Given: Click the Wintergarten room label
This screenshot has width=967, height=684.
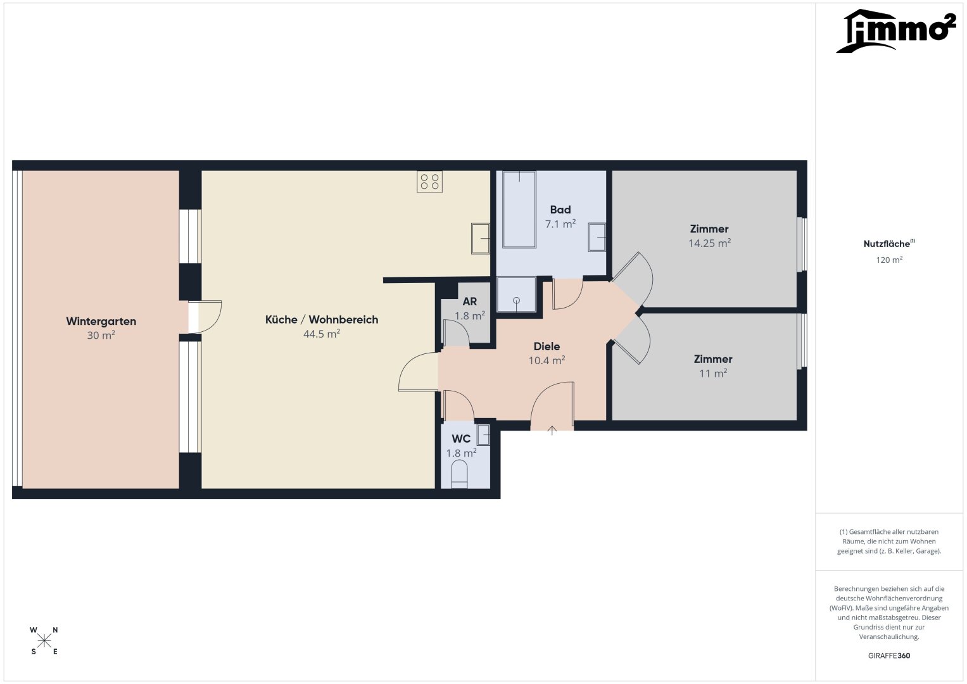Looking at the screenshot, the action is [x=101, y=321].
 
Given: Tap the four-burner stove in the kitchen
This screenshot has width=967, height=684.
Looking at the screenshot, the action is [x=429, y=182].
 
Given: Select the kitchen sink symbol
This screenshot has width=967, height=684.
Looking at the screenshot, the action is [x=481, y=238].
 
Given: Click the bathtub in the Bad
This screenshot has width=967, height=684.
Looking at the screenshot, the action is [x=519, y=210].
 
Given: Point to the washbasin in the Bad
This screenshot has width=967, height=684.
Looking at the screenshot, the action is [x=597, y=237].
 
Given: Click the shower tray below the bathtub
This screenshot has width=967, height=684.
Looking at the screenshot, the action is [x=516, y=294].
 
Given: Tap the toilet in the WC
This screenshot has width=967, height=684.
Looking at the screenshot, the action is [x=459, y=474].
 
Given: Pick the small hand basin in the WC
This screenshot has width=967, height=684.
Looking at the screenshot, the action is [x=483, y=434].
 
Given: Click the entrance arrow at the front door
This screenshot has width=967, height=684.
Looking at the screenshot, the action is [x=552, y=430].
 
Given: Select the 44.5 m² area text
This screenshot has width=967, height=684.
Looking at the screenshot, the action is [x=322, y=334].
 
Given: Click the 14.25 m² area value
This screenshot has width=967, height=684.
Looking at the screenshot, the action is [x=709, y=243].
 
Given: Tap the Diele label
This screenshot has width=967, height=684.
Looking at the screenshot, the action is [x=547, y=346].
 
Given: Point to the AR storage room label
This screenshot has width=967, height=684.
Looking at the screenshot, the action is [x=470, y=301].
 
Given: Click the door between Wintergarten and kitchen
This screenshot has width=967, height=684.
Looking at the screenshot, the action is [x=205, y=317].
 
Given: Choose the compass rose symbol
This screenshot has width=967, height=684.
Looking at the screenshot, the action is [x=44, y=641].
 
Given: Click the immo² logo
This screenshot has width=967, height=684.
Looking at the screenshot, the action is [x=895, y=31].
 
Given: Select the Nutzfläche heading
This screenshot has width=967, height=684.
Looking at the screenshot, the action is [x=889, y=244].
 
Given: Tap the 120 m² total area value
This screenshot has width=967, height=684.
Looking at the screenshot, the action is [x=889, y=260].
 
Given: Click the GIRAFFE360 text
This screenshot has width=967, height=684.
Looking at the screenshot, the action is [x=889, y=655].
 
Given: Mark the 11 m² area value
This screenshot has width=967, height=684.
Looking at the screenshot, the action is [x=712, y=373].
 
